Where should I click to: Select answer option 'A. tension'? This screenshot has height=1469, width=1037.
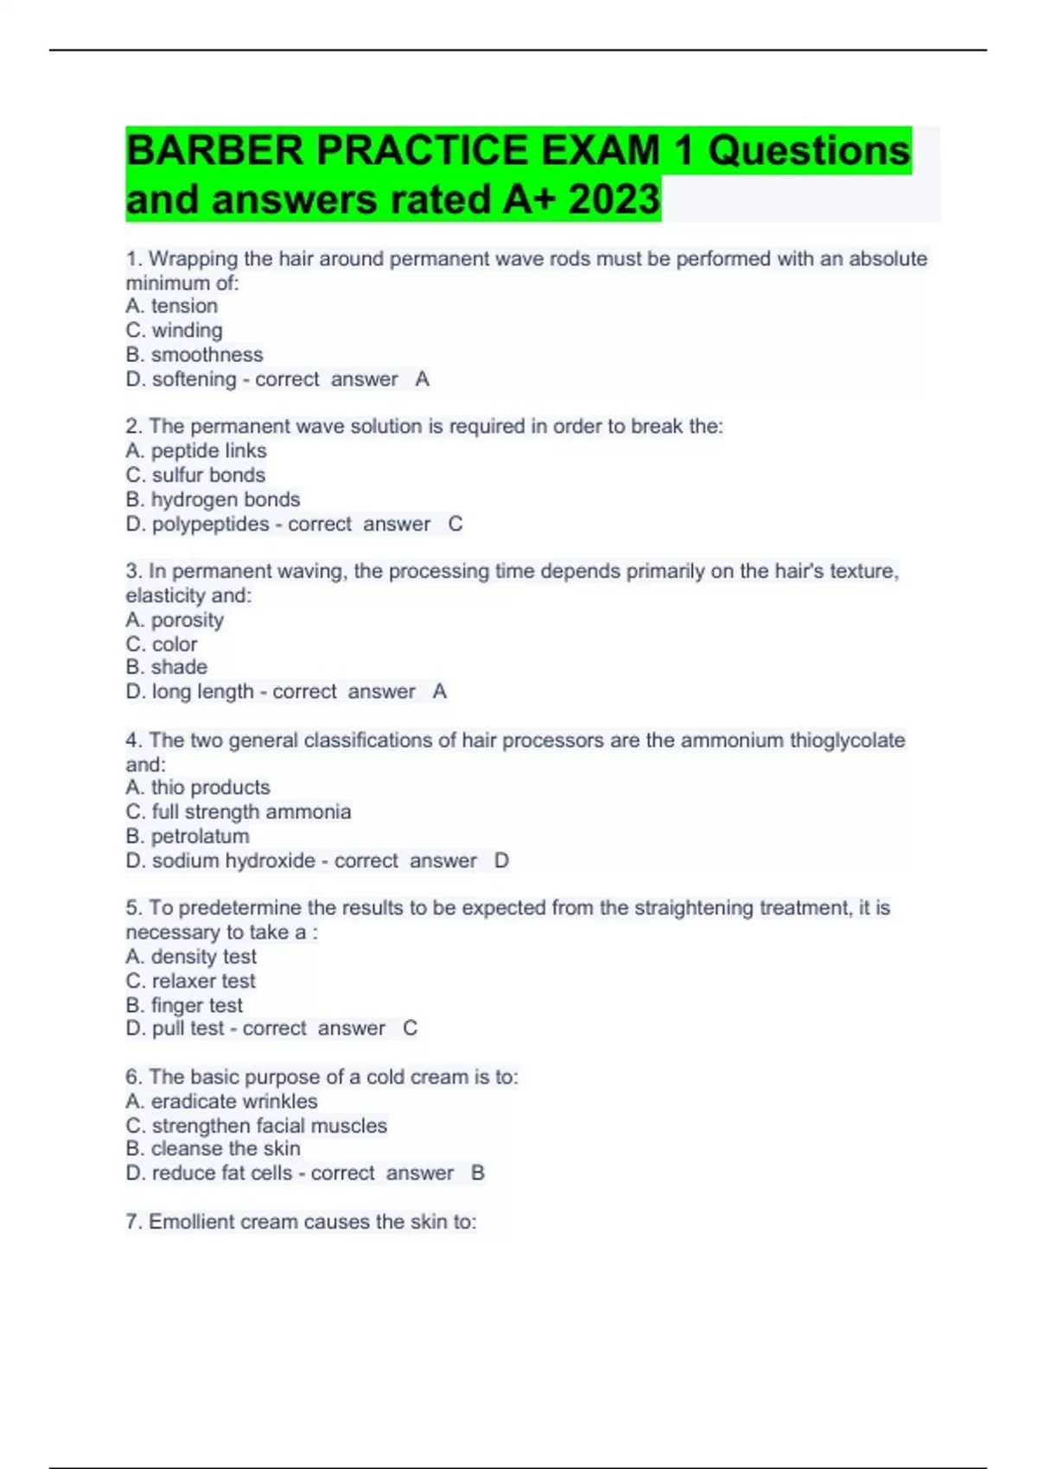pos(171,306)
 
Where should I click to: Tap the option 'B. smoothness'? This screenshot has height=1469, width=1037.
pos(194,354)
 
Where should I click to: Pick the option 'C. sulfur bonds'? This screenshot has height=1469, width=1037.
pos(195,475)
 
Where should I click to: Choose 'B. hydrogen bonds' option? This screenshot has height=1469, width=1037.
pos(213,499)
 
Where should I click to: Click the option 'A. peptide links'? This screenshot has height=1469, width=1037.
pos(195,451)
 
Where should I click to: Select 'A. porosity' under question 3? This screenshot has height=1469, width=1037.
pos(174,620)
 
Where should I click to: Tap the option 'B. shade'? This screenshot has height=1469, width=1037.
pos(166,667)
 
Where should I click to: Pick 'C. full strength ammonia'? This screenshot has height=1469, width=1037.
pos(238,812)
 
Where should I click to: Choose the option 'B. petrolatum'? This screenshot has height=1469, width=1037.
pos(187,836)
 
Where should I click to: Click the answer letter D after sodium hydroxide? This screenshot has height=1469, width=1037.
pos(501,861)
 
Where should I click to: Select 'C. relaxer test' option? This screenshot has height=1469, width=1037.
pos(190,981)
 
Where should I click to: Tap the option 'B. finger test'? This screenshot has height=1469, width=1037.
pos(183,1005)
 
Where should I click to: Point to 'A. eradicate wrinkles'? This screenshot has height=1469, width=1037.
pos(221,1102)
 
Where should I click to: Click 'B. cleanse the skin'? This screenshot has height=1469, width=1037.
pos(213,1148)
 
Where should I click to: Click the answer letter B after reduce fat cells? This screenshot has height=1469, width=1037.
pos(478,1173)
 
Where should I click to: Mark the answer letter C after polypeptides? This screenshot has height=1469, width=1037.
pos(455,525)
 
